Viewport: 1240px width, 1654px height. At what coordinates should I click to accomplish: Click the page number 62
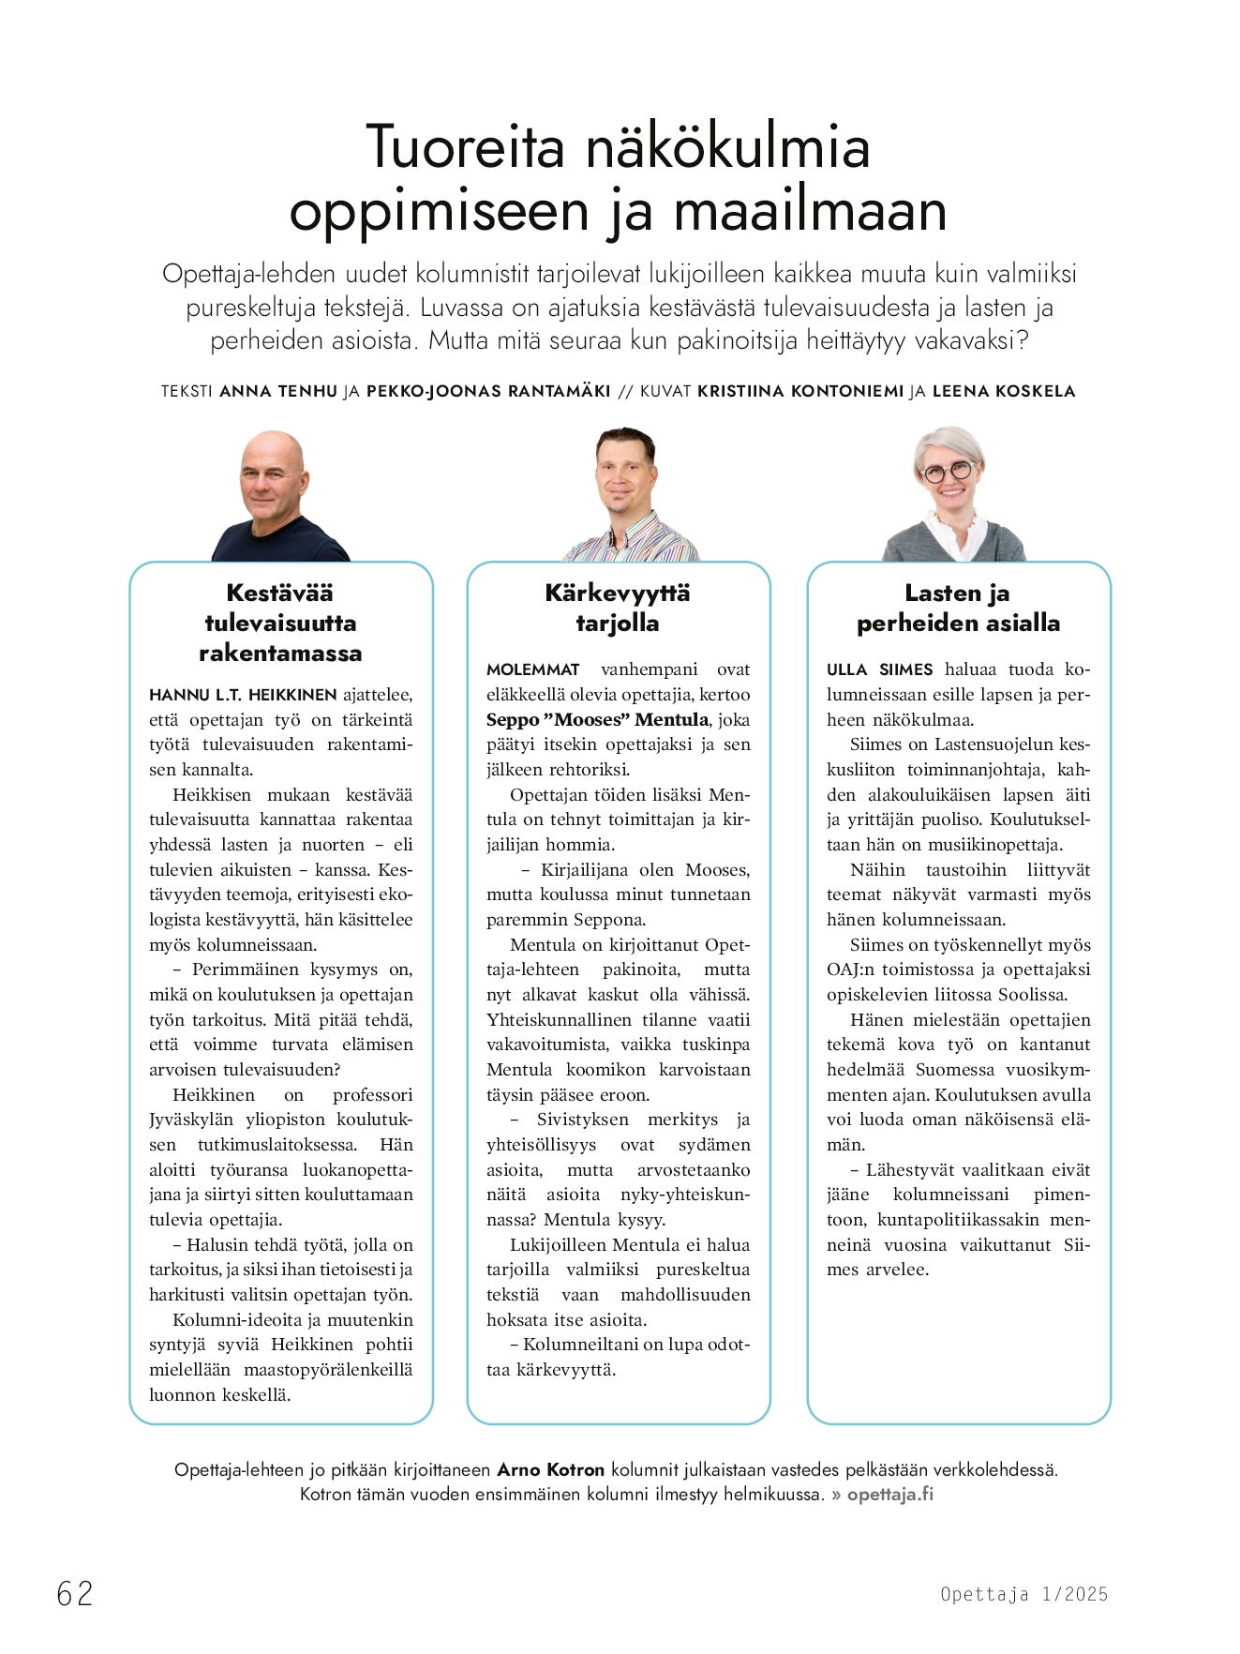(75, 1593)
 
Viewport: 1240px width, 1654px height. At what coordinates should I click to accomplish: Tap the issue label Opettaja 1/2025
(1023, 1594)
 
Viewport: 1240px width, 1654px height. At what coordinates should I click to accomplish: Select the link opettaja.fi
(889, 1495)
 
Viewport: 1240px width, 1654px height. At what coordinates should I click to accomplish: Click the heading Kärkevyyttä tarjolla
(618, 608)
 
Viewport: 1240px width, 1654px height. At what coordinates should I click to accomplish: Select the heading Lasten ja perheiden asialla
(958, 608)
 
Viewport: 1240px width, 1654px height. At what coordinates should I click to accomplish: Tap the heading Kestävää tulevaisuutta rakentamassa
(280, 623)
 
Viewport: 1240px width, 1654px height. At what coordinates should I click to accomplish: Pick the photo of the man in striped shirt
(627, 495)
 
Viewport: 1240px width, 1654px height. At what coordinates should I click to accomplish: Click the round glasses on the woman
(949, 472)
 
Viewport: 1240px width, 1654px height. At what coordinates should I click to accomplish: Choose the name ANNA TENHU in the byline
(277, 391)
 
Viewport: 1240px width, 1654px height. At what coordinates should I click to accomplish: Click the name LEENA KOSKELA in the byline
(1003, 391)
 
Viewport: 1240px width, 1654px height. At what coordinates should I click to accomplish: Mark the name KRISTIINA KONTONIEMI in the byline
(800, 391)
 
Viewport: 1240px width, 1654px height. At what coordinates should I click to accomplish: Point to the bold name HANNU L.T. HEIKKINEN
(243, 695)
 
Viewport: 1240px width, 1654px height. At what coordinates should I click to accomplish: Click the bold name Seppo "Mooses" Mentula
(597, 720)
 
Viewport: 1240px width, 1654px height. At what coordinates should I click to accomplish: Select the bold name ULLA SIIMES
(879, 669)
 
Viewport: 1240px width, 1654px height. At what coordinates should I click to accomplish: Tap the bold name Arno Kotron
(550, 1469)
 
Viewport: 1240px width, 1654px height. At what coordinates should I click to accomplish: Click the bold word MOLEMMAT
(532, 669)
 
